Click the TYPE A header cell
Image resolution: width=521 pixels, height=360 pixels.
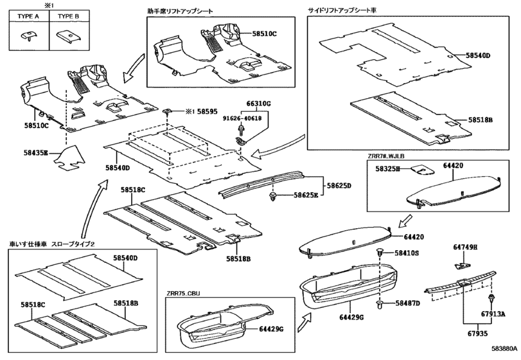click(29, 16)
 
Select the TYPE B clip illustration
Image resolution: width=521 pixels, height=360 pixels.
click(69, 36)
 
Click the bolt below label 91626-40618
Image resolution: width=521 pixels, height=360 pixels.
click(240, 129)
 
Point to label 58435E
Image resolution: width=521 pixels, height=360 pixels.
click(35, 152)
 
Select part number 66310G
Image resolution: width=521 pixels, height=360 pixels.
click(258, 104)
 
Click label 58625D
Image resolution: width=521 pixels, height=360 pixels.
click(339, 186)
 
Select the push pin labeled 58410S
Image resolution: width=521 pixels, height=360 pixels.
click(380, 252)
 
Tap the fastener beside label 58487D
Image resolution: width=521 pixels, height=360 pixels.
click(380, 304)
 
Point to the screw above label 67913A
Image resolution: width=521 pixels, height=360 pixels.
click(490, 298)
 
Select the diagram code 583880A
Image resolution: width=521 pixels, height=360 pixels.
click(504, 348)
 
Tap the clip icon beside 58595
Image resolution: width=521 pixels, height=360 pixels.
click(168, 112)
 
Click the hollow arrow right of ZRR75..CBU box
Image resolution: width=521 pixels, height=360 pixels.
click(305, 321)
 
